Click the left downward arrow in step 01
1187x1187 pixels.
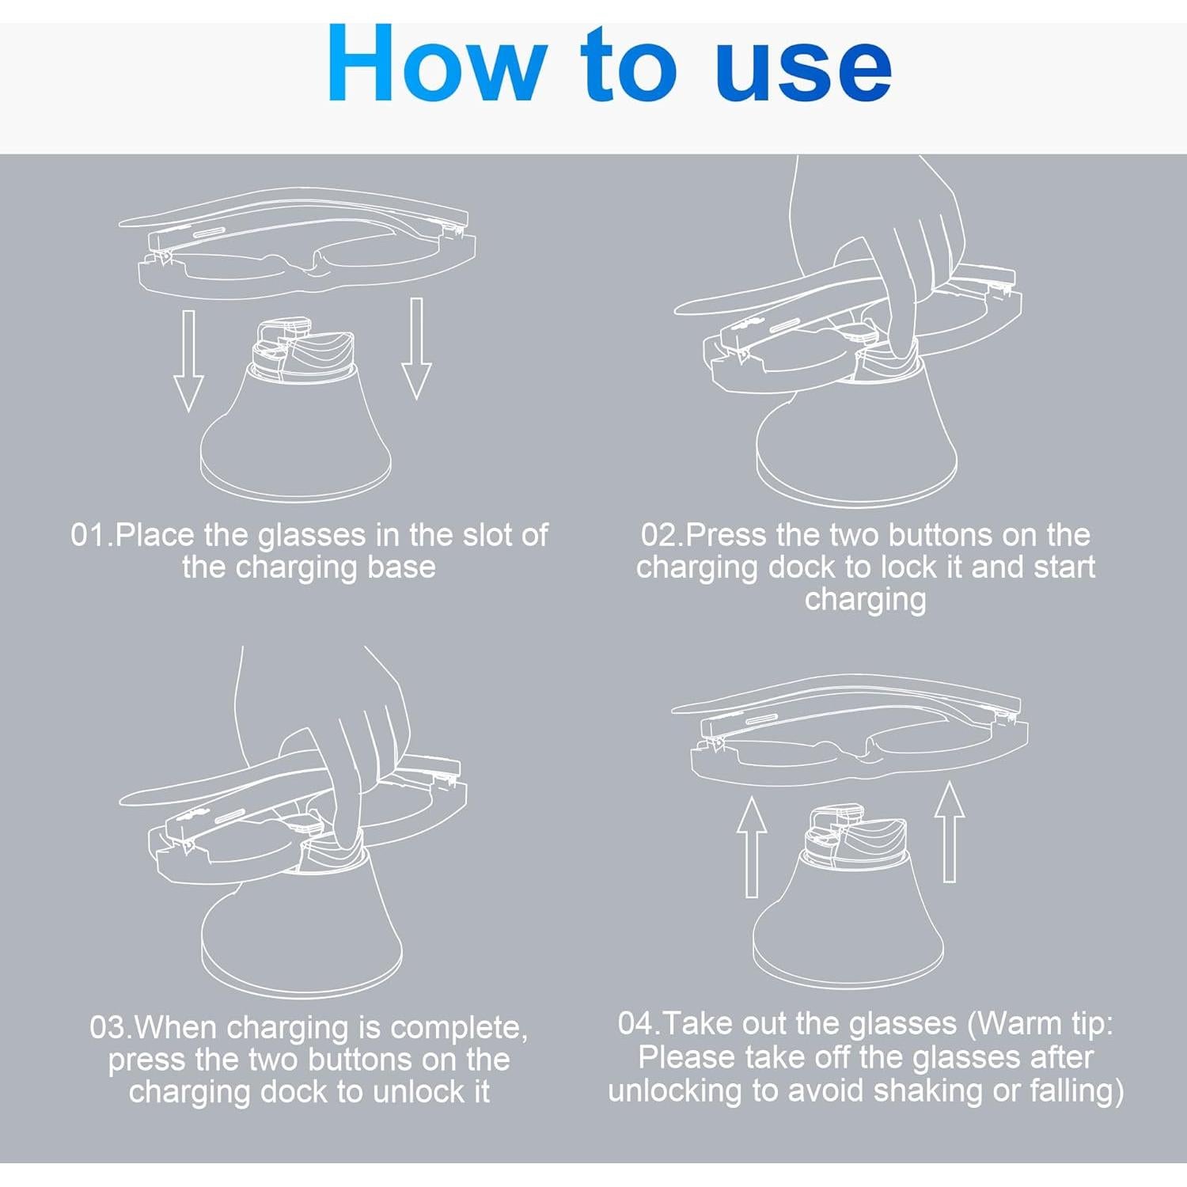[x=188, y=360]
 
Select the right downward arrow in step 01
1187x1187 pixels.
[x=416, y=348]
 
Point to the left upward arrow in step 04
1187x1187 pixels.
[x=752, y=847]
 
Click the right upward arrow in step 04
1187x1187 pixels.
[x=950, y=832]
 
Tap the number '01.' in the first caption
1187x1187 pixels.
[x=92, y=535]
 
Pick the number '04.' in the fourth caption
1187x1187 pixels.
[x=640, y=1023]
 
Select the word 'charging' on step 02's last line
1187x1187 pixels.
[x=866, y=600]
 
